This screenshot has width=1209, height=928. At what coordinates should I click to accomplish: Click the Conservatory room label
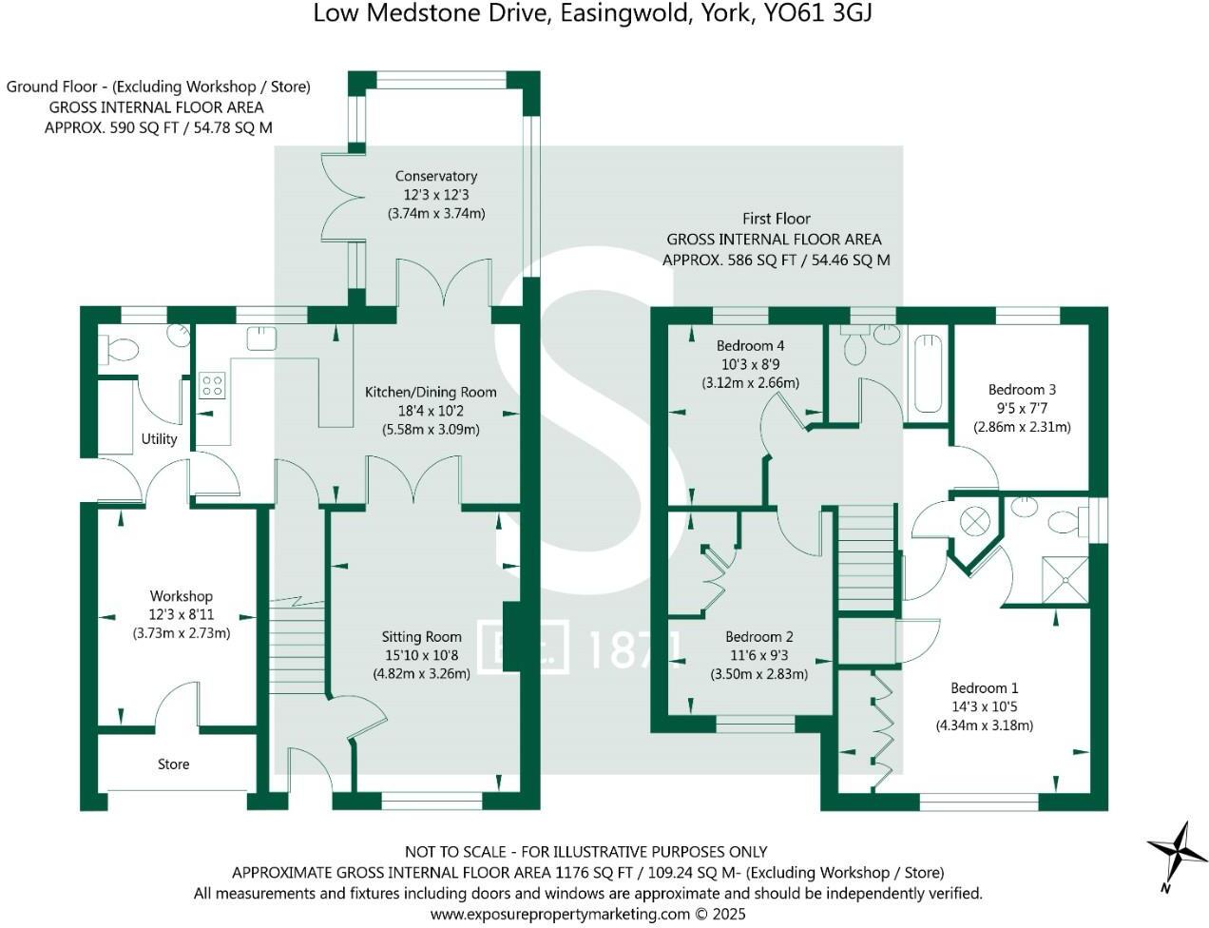(436, 176)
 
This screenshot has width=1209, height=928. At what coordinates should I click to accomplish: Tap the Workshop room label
(182, 596)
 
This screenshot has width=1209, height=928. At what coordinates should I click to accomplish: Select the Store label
(174, 764)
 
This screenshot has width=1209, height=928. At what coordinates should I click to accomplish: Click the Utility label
(159, 439)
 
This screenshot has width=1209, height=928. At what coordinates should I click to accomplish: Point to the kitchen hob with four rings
(212, 385)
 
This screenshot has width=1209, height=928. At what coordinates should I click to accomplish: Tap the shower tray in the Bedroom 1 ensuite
(1065, 580)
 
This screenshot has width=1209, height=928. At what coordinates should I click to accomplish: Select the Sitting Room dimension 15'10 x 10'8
(422, 655)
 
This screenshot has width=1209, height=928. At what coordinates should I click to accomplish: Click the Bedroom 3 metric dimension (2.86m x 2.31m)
(1022, 427)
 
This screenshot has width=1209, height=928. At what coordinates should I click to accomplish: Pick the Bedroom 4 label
(751, 346)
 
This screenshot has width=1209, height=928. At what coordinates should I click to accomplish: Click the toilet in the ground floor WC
(119, 351)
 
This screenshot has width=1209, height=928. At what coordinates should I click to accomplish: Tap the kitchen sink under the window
(261, 338)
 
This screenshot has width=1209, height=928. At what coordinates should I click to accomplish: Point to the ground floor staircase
(297, 647)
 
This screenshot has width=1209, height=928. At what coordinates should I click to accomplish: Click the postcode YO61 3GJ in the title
(817, 13)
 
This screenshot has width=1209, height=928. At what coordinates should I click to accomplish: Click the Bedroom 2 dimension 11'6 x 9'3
(759, 655)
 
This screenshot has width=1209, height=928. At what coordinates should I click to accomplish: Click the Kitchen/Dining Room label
(431, 393)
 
